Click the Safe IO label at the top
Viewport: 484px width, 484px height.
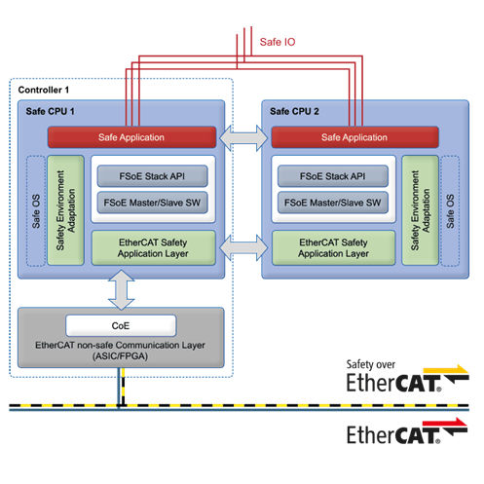point(279,43)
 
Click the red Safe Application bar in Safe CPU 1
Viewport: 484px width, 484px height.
point(131,138)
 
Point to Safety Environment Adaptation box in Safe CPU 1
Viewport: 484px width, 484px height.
point(62,208)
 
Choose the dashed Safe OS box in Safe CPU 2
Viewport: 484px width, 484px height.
point(448,208)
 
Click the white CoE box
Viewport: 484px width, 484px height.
point(121,323)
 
